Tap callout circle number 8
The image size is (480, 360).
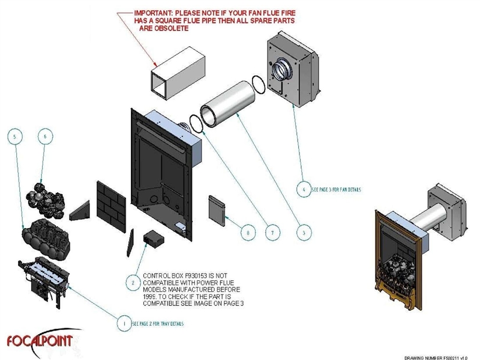tap(245, 231)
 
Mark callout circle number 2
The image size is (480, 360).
tap(133, 280)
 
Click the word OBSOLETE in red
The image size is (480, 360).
tap(172, 28)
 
